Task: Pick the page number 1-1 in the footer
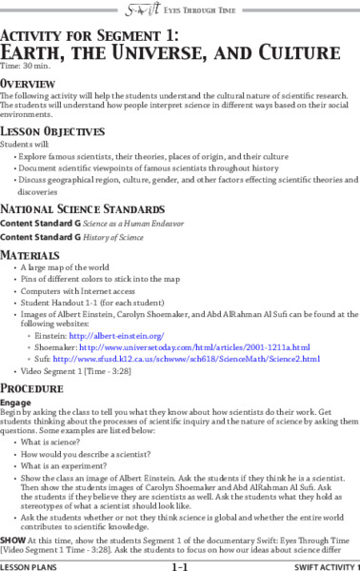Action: point(179,565)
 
